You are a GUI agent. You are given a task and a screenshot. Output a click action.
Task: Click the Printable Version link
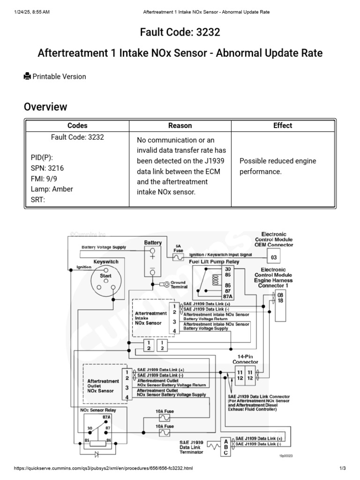[x=59, y=76]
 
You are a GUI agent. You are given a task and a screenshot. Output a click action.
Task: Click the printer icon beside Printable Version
[x=27, y=76]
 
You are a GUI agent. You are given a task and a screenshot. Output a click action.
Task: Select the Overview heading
[x=45, y=107]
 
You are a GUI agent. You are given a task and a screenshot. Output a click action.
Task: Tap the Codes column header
[x=77, y=126]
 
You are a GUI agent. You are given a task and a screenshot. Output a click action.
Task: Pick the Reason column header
[x=180, y=126]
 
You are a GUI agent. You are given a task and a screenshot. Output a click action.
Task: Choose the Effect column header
[x=283, y=126]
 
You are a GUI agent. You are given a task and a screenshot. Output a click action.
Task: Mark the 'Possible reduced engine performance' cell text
[x=278, y=166]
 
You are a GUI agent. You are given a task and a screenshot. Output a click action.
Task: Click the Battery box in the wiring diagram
[x=152, y=262]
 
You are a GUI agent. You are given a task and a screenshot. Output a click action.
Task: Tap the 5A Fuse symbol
[x=178, y=257]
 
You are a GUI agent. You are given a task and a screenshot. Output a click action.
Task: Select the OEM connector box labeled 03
[x=274, y=257]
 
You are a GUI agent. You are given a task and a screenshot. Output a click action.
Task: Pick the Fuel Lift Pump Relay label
[x=214, y=262]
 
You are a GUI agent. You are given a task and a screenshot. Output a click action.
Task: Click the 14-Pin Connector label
[x=245, y=359]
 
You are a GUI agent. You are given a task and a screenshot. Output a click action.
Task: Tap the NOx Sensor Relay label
[x=98, y=410]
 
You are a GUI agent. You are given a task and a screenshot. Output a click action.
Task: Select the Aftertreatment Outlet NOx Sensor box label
[x=103, y=386]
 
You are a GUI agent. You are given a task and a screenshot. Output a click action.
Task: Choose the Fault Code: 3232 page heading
[x=180, y=32]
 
